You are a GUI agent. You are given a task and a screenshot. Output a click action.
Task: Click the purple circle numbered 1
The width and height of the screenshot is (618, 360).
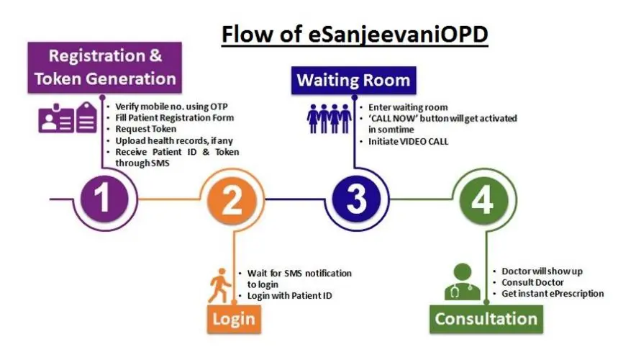(x=104, y=199)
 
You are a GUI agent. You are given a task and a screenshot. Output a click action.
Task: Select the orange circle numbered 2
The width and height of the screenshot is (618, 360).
(x=232, y=200)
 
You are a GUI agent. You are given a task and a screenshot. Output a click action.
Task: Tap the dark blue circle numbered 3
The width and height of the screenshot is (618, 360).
(x=356, y=199)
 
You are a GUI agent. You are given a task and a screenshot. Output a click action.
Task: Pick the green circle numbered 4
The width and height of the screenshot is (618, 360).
(x=483, y=200)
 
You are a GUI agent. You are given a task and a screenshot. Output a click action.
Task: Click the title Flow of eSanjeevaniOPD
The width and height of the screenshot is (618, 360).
(x=355, y=35)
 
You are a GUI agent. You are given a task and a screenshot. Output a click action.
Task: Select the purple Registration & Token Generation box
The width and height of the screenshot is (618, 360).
(x=105, y=68)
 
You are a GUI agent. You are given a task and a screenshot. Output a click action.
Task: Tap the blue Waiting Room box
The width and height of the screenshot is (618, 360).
(x=353, y=81)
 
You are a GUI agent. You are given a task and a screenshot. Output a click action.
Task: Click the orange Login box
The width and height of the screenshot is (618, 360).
(x=234, y=319)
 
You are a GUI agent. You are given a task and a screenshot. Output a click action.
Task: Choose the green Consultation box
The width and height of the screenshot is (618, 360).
(x=486, y=319)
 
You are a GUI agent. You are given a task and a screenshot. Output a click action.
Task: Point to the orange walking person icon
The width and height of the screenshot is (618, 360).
(x=219, y=286)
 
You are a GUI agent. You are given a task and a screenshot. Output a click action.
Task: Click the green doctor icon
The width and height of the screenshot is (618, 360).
(x=463, y=282)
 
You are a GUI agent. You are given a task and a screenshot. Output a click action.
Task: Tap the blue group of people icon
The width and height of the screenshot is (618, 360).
(x=329, y=118)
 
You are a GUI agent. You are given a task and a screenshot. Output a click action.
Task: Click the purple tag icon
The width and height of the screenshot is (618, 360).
(x=86, y=117)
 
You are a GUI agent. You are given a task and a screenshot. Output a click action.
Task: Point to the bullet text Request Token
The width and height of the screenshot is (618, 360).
(x=145, y=129)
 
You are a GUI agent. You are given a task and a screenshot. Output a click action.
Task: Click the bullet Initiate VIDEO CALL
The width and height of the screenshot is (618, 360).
(x=409, y=142)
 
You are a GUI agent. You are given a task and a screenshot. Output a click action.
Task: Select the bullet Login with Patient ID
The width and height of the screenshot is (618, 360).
(x=289, y=296)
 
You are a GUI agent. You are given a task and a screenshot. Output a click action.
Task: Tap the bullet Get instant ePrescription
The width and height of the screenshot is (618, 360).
(x=553, y=294)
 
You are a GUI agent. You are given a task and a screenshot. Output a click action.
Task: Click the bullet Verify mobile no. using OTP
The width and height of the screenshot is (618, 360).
(x=171, y=107)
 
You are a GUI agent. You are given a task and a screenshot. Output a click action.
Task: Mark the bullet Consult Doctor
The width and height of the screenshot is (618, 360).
(x=532, y=282)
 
